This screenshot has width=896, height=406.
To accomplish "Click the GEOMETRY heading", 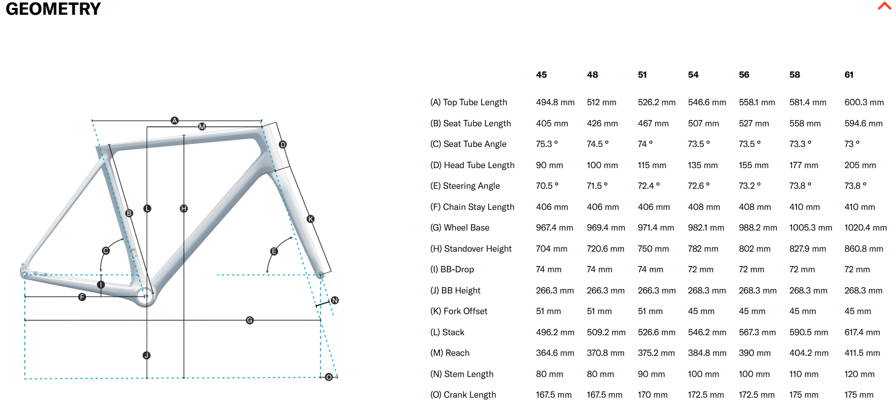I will pyautogui.click(x=53, y=9).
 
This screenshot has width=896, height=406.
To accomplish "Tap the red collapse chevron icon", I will pyautogui.click(x=884, y=6).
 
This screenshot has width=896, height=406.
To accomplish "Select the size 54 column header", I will pyautogui.click(x=693, y=75).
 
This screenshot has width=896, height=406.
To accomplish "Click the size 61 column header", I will pyautogui.click(x=849, y=75).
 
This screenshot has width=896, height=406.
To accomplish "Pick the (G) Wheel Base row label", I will pyautogui.click(x=460, y=228).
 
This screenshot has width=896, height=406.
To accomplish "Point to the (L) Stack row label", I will pyautogui.click(x=447, y=332).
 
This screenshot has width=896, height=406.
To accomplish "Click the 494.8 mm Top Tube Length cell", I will pyautogui.click(x=555, y=102).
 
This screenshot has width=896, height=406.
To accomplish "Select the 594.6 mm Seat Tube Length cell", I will pyautogui.click(x=863, y=123).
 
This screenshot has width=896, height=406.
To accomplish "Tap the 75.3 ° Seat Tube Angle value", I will pyautogui.click(x=547, y=144).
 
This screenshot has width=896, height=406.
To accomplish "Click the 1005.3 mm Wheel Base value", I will pyautogui.click(x=810, y=228).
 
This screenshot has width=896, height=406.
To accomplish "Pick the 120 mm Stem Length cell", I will pyautogui.click(x=859, y=374).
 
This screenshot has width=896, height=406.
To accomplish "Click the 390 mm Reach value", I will pyautogui.click(x=754, y=353).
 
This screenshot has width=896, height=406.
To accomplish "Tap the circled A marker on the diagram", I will pyautogui.click(x=175, y=120).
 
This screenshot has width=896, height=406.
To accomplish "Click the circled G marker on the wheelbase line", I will pyautogui.click(x=250, y=320).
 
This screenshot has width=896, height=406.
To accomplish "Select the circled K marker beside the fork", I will pyautogui.click(x=310, y=219).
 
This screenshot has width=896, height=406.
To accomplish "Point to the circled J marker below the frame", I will pyautogui.click(x=147, y=355).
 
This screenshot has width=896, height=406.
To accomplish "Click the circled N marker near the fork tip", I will pyautogui.click(x=335, y=300).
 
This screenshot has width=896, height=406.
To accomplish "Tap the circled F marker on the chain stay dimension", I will pyautogui.click(x=82, y=297).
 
